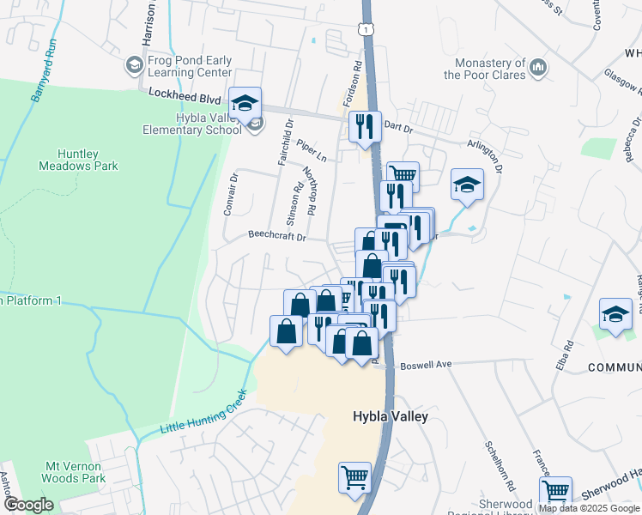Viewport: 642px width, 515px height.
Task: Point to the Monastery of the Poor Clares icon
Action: point(537,66)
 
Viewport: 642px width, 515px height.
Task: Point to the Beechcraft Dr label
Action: point(277,234)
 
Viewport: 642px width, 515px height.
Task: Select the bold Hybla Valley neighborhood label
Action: point(391,416)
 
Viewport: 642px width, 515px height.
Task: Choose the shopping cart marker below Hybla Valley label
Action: point(354,477)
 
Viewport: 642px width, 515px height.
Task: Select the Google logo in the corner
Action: point(28,505)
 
